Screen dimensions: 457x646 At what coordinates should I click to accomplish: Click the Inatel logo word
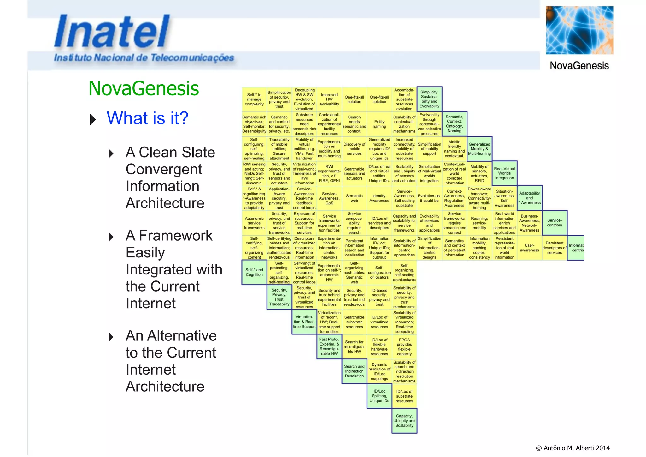pyautogui.click(x=112, y=32)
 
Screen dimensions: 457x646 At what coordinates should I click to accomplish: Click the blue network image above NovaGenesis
pyautogui.click(x=579, y=30)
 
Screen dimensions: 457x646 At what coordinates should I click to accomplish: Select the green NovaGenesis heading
pyautogui.click(x=144, y=88)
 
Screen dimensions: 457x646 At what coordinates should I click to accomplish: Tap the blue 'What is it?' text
pyautogui.click(x=147, y=118)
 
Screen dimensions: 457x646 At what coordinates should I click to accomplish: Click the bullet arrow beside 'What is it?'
pyautogui.click(x=93, y=119)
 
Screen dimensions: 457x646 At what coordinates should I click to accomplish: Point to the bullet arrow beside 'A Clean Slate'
pyautogui.click(x=111, y=153)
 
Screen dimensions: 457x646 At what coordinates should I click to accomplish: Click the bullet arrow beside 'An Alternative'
pyautogui.click(x=111, y=337)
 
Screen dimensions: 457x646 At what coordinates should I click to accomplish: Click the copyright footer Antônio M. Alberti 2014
pyautogui.click(x=573, y=448)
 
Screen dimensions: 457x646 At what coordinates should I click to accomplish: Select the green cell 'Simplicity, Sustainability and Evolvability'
pyautogui.click(x=429, y=99)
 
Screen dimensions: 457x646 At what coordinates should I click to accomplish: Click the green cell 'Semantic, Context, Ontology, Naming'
pyautogui.click(x=454, y=124)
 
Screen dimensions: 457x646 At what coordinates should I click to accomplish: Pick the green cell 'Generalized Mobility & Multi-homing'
pyautogui.click(x=479, y=149)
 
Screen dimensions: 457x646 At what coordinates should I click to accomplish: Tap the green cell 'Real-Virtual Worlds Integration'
pyautogui.click(x=504, y=173)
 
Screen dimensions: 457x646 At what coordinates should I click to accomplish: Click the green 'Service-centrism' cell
pyautogui.click(x=555, y=223)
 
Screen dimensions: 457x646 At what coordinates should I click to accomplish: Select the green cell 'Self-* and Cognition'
pyautogui.click(x=254, y=272)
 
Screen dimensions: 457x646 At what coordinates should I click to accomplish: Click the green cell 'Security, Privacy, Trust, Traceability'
pyautogui.click(x=279, y=297)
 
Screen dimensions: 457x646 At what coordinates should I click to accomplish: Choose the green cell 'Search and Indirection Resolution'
pyautogui.click(x=354, y=371)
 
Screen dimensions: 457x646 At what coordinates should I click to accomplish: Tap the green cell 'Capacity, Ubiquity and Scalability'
pyautogui.click(x=404, y=421)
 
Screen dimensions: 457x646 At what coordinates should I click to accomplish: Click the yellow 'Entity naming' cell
pyautogui.click(x=379, y=124)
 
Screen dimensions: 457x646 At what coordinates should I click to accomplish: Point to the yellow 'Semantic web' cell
pyautogui.click(x=354, y=198)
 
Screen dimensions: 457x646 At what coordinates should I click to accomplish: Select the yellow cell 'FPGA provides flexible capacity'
pyautogui.click(x=404, y=347)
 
